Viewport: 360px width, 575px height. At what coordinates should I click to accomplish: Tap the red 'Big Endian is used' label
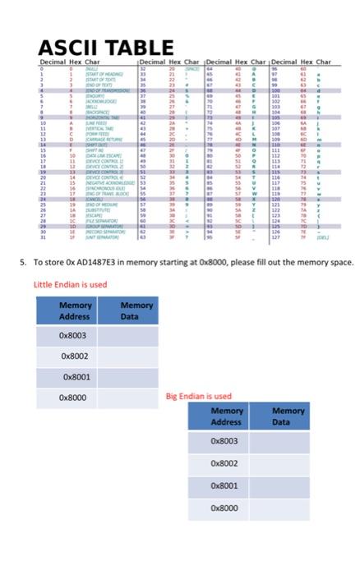coord(199,395)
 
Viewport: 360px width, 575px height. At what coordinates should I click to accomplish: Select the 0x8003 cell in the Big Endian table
coord(227,441)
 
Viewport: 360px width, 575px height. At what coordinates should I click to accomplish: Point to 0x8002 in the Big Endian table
coord(227,463)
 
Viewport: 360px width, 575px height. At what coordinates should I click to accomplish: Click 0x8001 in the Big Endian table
coord(227,485)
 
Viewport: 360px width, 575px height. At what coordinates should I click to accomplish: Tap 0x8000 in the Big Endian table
coord(227,508)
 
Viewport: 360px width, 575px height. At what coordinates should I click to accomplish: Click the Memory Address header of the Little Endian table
coord(75,310)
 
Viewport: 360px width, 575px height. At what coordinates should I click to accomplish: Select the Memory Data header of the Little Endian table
coord(136,310)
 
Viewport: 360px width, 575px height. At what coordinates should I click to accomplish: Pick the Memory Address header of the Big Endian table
coord(227,416)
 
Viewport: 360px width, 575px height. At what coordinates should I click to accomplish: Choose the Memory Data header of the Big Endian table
coord(288,416)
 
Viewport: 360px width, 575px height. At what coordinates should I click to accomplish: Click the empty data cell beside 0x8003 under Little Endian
coord(136,335)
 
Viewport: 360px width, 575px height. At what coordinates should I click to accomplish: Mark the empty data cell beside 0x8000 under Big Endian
coord(288,508)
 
